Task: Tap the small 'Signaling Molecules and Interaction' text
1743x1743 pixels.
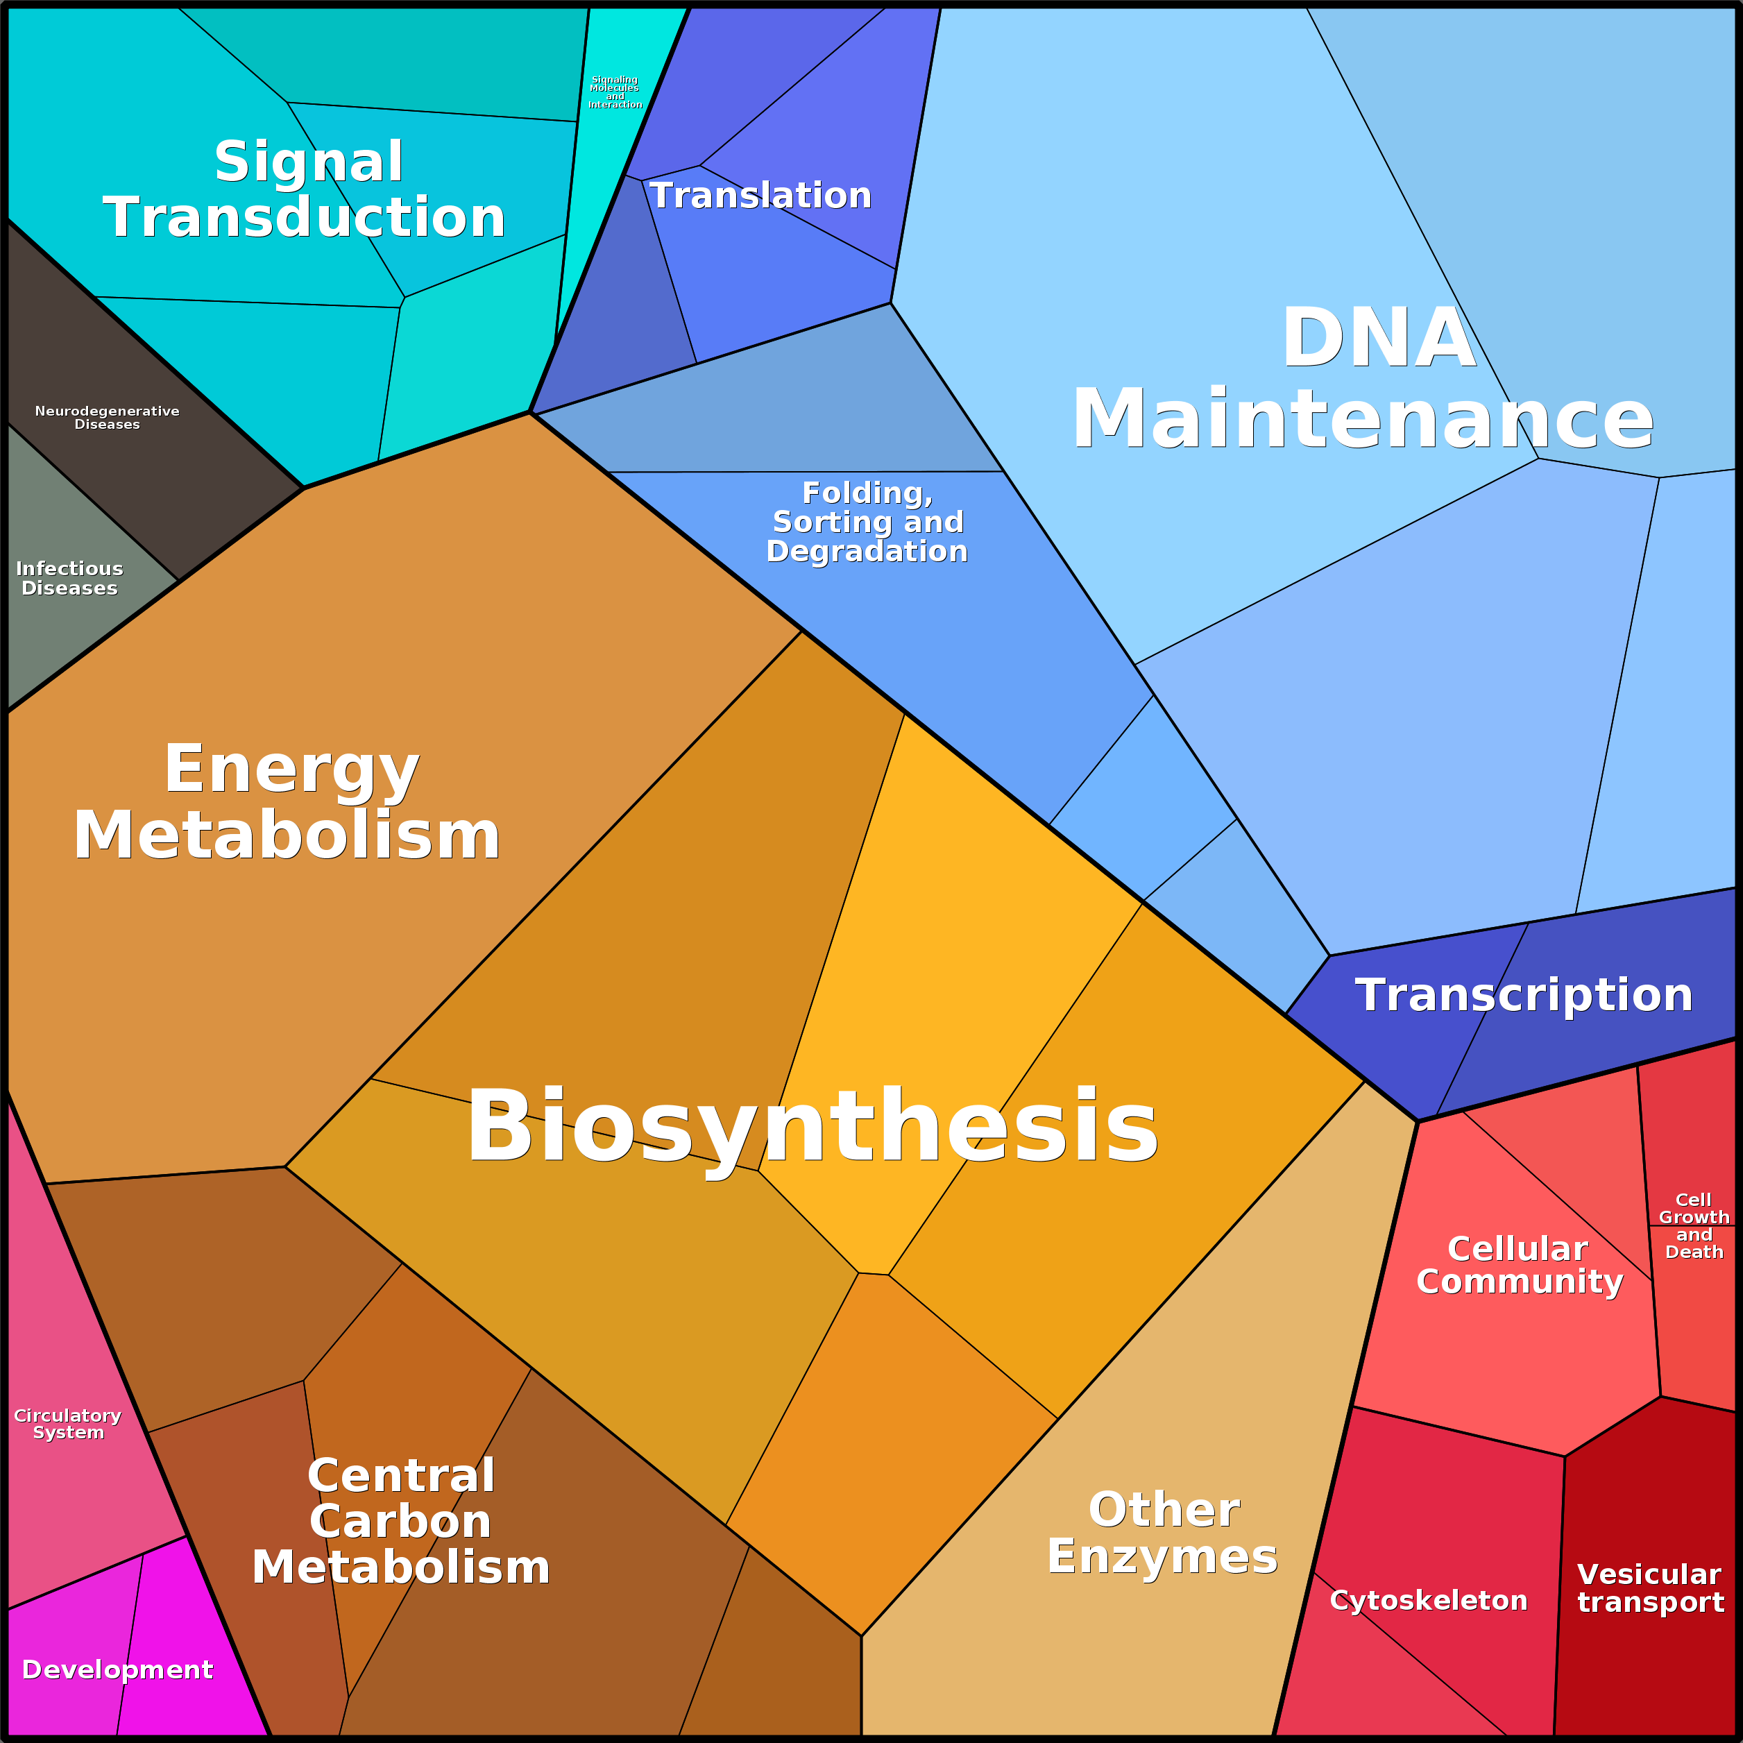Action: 615,92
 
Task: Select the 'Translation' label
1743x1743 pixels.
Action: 760,196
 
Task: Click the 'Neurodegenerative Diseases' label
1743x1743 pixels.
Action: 108,418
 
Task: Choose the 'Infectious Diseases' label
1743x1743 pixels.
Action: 69,578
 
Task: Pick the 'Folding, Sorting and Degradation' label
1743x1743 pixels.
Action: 867,522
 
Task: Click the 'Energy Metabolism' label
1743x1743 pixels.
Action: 289,802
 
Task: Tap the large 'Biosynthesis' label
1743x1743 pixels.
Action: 812,1126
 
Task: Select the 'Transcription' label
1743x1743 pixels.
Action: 1523,995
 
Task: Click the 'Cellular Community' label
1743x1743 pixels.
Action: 1520,1265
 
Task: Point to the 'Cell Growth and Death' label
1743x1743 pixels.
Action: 1693,1225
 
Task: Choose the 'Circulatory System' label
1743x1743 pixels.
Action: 68,1424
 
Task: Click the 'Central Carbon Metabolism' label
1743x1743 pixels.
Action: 402,1521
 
